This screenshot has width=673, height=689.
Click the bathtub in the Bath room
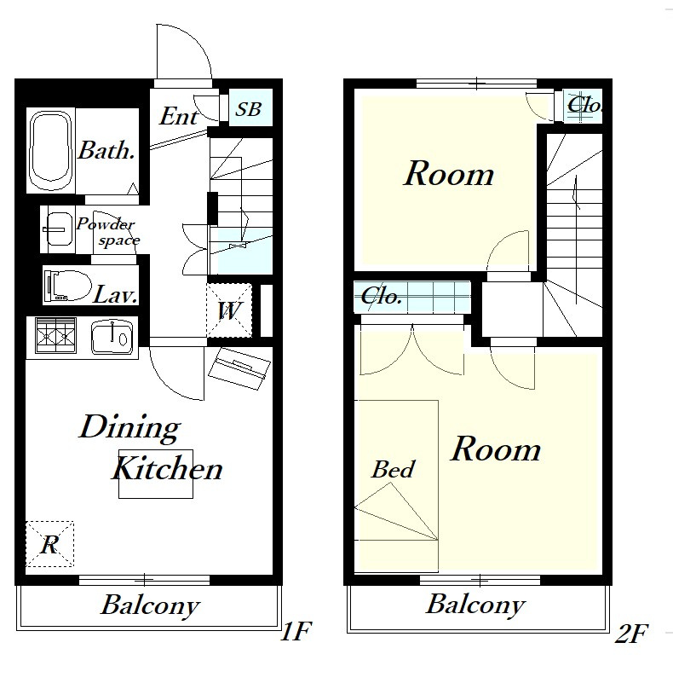[50, 150]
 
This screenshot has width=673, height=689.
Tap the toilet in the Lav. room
[67, 286]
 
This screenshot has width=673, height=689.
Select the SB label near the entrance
[249, 109]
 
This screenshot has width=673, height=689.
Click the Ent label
[178, 117]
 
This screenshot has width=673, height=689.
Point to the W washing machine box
[229, 310]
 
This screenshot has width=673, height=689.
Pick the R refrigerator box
[49, 544]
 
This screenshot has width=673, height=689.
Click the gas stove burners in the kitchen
[55, 335]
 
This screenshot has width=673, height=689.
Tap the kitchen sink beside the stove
[112, 338]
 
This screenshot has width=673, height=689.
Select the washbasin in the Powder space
[60, 229]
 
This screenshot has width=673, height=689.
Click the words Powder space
[107, 232]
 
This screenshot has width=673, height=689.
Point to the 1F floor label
[296, 631]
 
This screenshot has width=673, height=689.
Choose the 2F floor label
[631, 634]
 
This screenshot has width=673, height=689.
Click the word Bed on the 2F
[393, 469]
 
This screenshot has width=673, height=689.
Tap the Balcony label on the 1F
[150, 606]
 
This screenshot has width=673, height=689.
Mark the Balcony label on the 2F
[476, 605]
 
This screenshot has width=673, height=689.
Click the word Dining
[130, 427]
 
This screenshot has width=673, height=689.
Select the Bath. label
[106, 151]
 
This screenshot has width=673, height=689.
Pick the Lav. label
[115, 294]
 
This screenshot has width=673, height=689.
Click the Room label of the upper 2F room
[449, 174]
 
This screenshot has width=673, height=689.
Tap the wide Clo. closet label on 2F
[381, 297]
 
